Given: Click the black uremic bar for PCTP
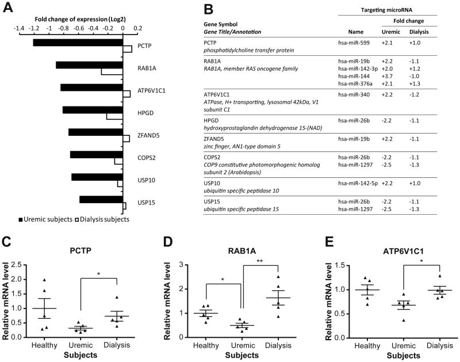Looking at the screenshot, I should click(78, 43).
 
